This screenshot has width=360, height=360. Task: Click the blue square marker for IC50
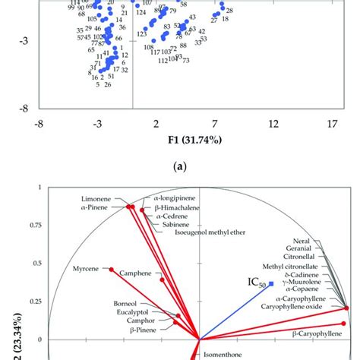(x=271, y=284)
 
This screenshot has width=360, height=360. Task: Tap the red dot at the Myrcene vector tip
(x=112, y=270)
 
